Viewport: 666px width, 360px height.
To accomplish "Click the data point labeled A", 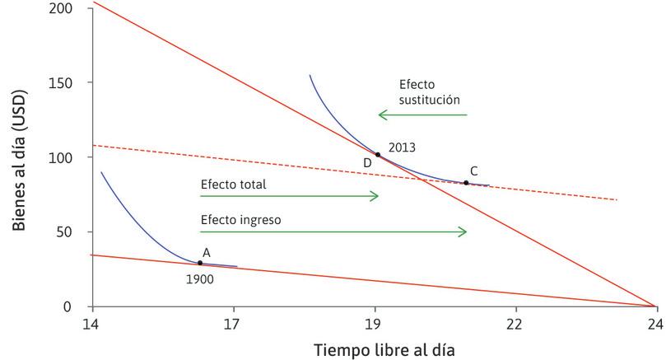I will [200, 263].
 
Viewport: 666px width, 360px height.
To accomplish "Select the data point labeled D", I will [378, 155].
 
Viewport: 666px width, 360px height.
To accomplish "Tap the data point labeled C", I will [466, 183].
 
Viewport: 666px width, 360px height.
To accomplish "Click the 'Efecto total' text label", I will [233, 185].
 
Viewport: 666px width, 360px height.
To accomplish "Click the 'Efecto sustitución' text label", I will [428, 91].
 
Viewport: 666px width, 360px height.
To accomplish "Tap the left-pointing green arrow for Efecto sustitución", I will [422, 115].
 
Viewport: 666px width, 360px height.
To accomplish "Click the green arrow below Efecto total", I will [289, 196].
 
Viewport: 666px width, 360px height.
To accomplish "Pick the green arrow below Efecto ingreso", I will [333, 232].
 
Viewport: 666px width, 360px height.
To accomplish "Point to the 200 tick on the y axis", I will [70, 8].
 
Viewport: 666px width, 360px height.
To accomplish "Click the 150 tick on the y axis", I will [70, 83].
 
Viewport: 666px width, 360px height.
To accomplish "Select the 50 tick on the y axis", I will [73, 232].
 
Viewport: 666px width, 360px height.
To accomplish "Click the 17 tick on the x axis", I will [234, 324].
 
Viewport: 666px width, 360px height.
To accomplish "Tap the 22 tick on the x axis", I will [515, 324].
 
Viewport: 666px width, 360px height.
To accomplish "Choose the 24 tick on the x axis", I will [655, 324].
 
